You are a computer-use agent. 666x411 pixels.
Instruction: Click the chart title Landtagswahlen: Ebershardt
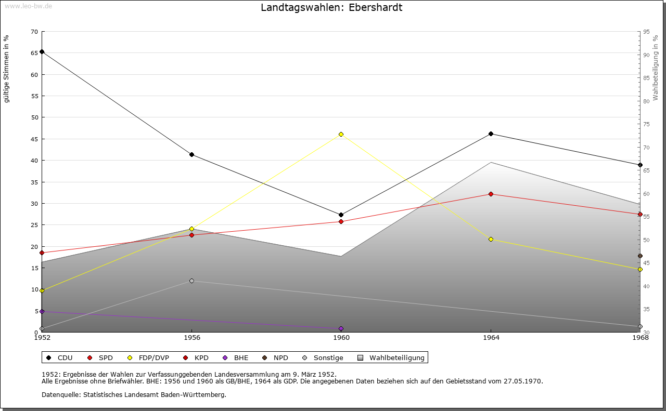[331, 7]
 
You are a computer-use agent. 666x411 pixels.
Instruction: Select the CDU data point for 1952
[42, 51]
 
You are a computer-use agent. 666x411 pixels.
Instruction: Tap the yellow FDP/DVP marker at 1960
[341, 134]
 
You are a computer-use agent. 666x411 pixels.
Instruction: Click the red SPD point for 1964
[491, 194]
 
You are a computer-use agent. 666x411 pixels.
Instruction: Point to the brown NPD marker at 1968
[640, 256]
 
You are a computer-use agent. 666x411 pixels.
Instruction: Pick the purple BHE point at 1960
[341, 328]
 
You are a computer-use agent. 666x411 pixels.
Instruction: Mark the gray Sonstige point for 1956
[191, 281]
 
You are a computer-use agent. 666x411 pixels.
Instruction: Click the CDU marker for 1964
[491, 134]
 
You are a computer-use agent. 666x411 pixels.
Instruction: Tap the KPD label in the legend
[201, 357]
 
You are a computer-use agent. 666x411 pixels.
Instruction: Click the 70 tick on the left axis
[34, 32]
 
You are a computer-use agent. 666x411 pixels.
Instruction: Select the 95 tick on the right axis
[646, 32]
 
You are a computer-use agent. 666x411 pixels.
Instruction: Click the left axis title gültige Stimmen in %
[6, 69]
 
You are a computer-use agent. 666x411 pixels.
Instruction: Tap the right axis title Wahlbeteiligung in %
[656, 68]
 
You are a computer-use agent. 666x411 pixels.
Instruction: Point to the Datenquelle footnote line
[134, 395]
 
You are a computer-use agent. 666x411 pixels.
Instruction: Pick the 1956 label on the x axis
[191, 338]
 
